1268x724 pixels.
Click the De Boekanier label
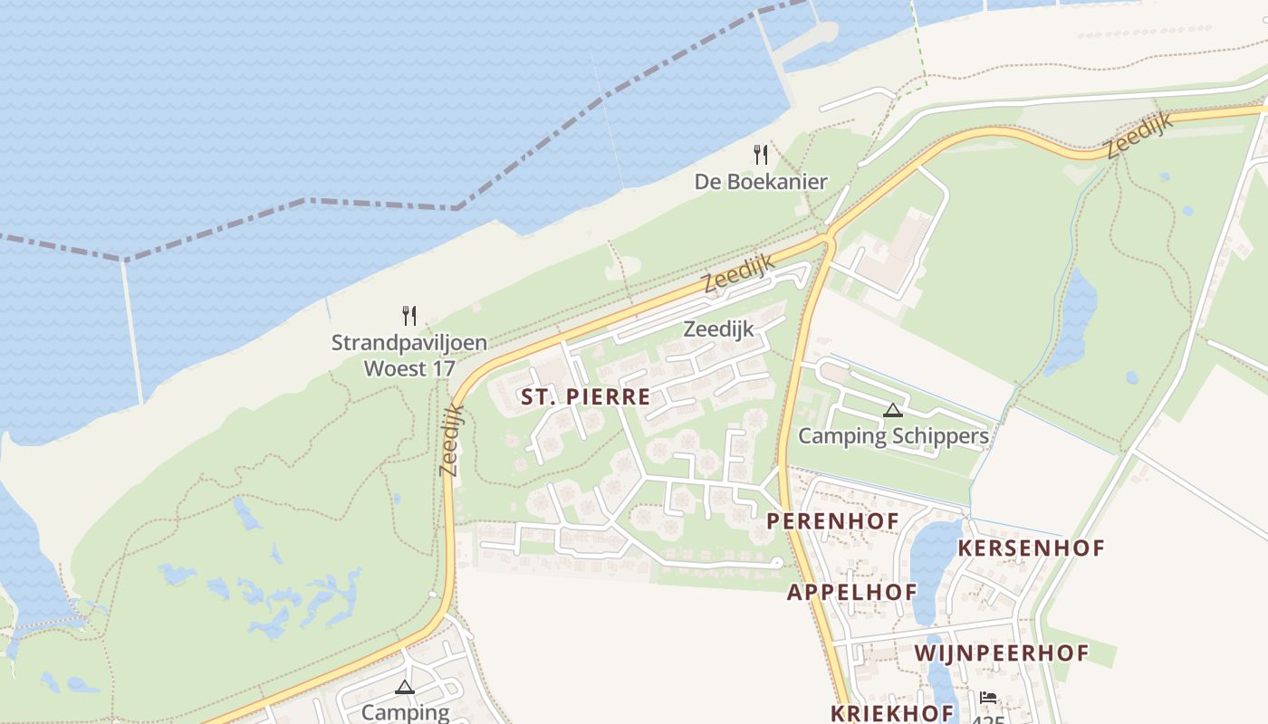(x=761, y=182)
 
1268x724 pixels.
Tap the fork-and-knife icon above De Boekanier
(x=761, y=155)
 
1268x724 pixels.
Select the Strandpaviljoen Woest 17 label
(x=409, y=356)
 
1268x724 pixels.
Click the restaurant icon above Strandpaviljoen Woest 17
(x=409, y=315)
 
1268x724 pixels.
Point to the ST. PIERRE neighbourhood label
(x=585, y=396)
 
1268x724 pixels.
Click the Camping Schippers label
(x=893, y=436)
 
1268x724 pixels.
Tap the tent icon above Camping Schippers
(x=893, y=410)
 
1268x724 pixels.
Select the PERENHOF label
(x=832, y=521)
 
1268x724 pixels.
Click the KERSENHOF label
(x=1032, y=548)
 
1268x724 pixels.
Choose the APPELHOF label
(x=851, y=593)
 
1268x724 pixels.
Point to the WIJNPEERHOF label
(x=1002, y=653)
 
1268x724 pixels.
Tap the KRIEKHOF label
(x=892, y=712)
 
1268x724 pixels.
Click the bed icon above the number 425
(x=988, y=698)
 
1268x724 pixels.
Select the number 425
(x=989, y=719)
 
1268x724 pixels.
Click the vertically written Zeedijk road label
(x=451, y=441)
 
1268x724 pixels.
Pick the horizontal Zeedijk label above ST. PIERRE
(x=718, y=329)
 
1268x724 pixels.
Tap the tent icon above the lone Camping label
(x=405, y=687)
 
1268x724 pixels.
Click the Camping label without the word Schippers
(x=405, y=712)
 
